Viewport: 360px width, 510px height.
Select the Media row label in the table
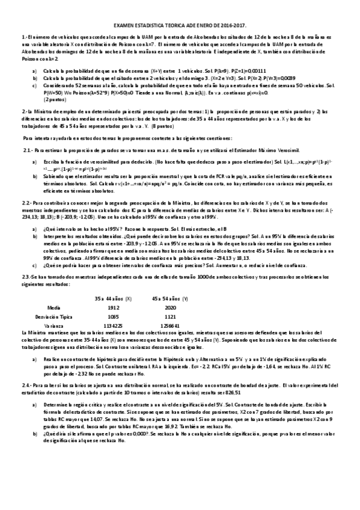click(55, 307)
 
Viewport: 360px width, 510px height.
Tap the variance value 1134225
click(112, 325)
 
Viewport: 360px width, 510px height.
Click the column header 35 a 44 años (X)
click(113, 298)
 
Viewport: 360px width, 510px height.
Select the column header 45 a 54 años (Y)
click(169, 298)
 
